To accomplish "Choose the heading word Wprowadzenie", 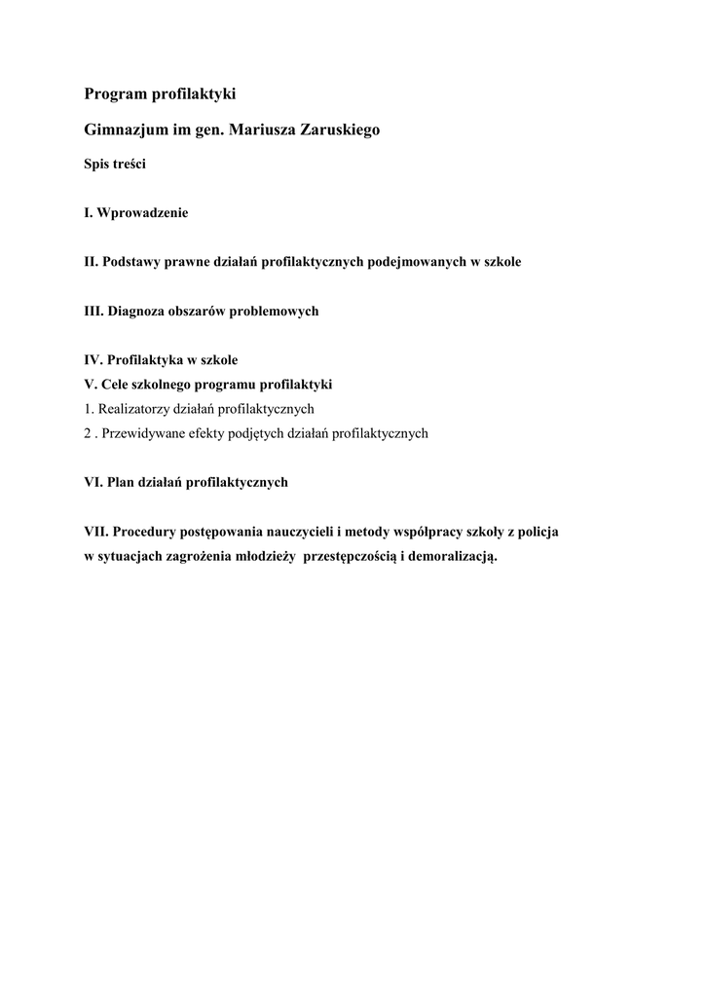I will (143, 212).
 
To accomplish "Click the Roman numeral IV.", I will (93, 360).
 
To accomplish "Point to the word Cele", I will (114, 385).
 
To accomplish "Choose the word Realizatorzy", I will (134, 409).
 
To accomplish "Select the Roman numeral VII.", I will (95, 532).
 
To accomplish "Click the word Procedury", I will (147, 532).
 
